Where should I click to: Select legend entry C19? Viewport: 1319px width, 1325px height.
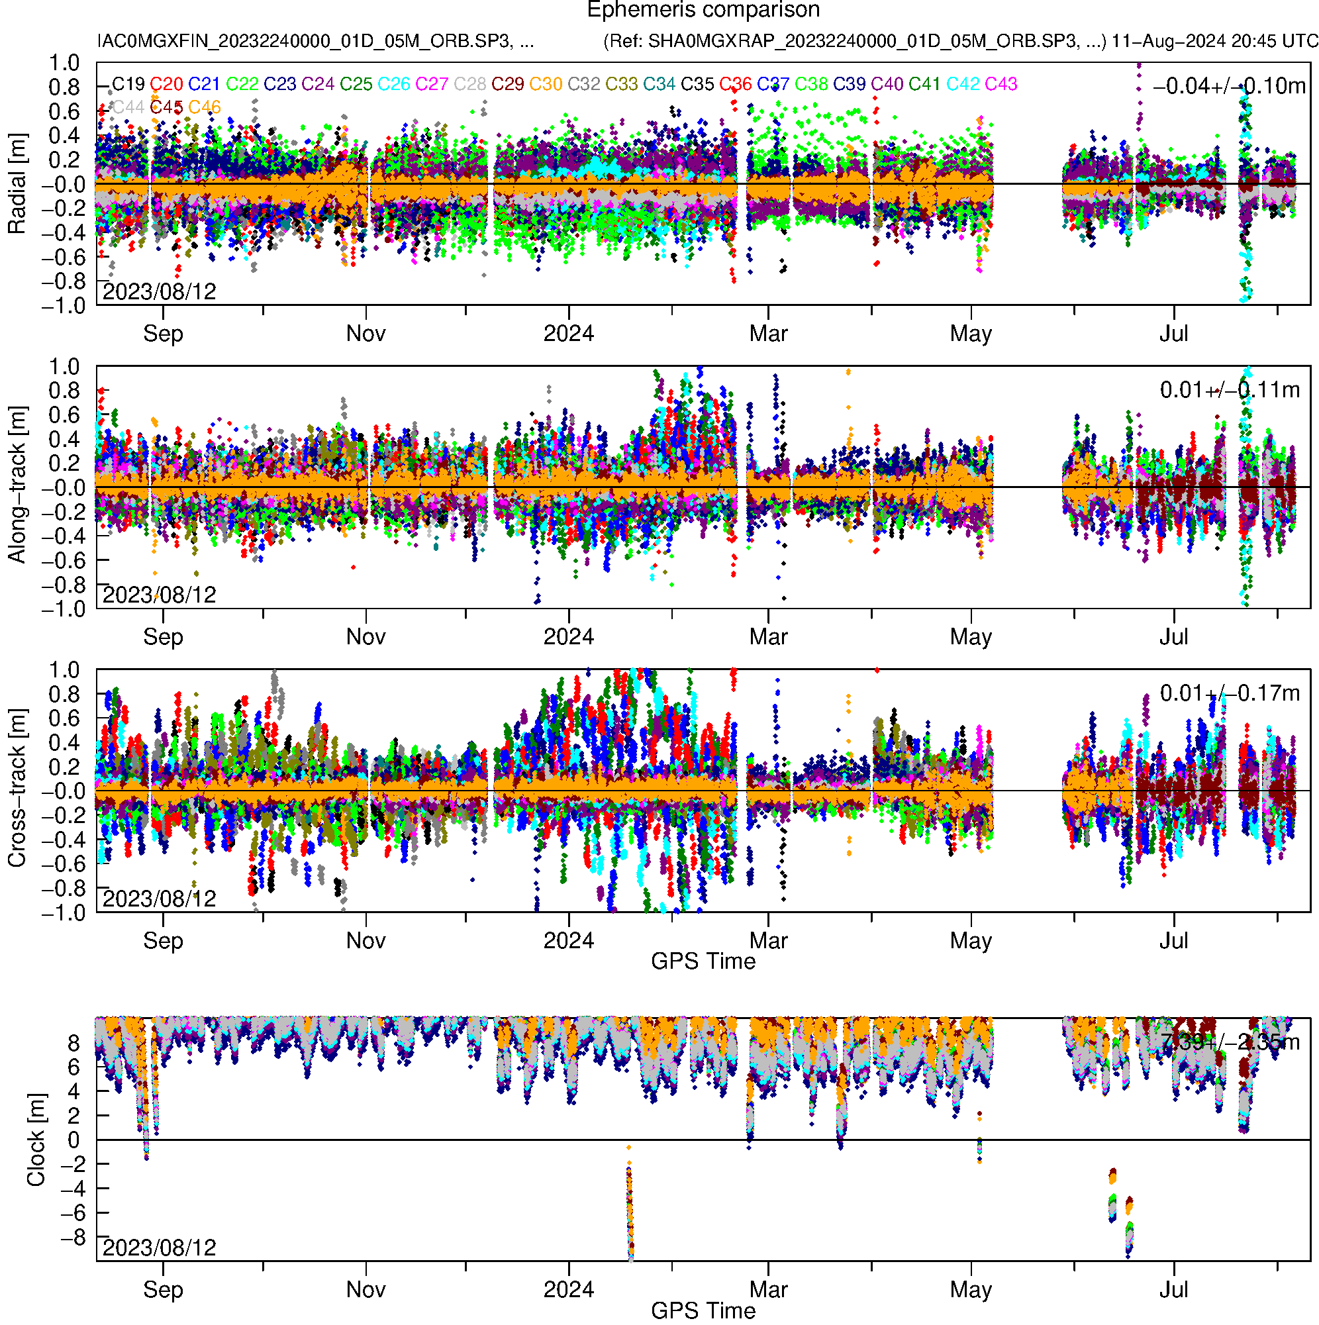tap(128, 84)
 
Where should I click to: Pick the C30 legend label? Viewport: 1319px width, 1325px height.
tap(546, 84)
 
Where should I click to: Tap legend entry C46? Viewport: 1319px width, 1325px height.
tap(205, 107)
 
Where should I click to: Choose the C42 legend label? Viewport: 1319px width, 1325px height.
tap(962, 84)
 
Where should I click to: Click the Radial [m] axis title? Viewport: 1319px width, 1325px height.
tap(17, 184)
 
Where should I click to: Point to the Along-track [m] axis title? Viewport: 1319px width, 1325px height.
tap(17, 485)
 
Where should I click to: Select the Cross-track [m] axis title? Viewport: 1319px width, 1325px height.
tap(17, 789)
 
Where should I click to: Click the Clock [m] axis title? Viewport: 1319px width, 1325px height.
tap(36, 1139)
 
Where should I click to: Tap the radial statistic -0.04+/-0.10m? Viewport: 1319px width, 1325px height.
tap(1228, 86)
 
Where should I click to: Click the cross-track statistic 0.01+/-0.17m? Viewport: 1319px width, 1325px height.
tap(1229, 693)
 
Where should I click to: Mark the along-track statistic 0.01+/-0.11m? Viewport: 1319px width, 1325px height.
tap(1229, 390)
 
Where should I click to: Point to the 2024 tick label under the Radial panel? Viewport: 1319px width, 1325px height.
tap(569, 334)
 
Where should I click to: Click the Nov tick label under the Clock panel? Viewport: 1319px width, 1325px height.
tap(366, 1289)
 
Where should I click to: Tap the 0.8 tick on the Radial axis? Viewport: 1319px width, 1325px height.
tap(64, 88)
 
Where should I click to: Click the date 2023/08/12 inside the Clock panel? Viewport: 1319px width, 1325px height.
tap(159, 1248)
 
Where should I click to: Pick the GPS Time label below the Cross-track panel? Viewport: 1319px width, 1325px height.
tap(703, 961)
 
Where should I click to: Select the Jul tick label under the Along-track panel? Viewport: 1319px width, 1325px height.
tap(1173, 637)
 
